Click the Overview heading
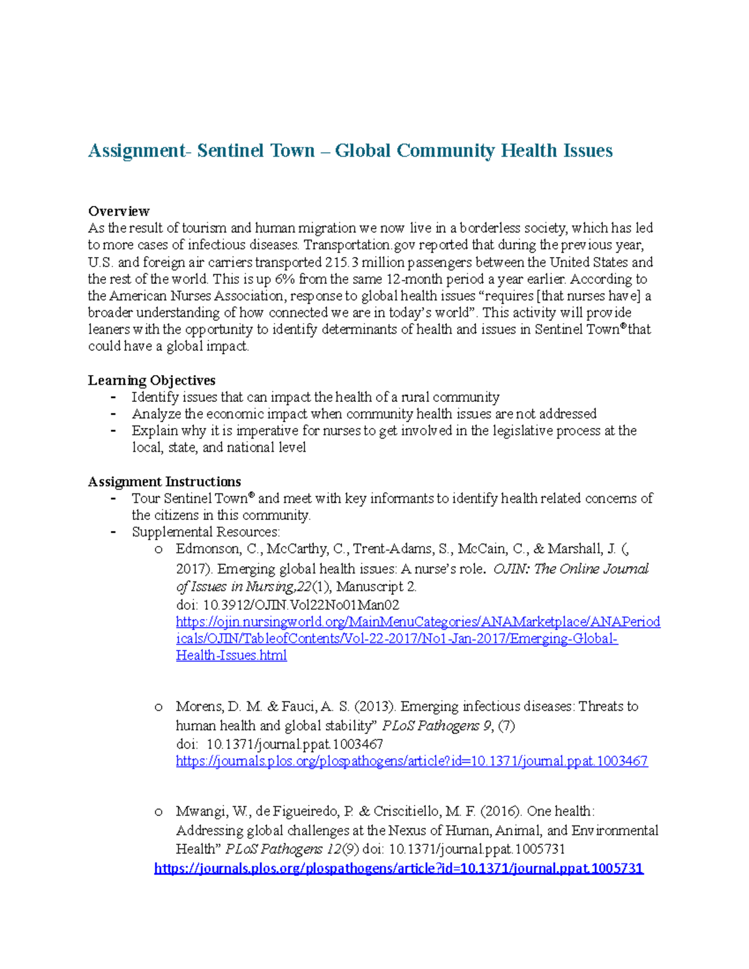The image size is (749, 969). tap(119, 211)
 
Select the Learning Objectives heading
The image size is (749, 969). tap(152, 380)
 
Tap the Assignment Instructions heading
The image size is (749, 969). tap(164, 482)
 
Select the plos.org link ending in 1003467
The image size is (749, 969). tap(411, 761)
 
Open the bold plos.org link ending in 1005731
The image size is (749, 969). tap(398, 868)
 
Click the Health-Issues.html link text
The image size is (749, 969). tap(231, 656)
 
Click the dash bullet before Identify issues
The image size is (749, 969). tap(113, 397)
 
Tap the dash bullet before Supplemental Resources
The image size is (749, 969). tap(113, 532)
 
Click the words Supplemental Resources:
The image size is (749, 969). tap(206, 532)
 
